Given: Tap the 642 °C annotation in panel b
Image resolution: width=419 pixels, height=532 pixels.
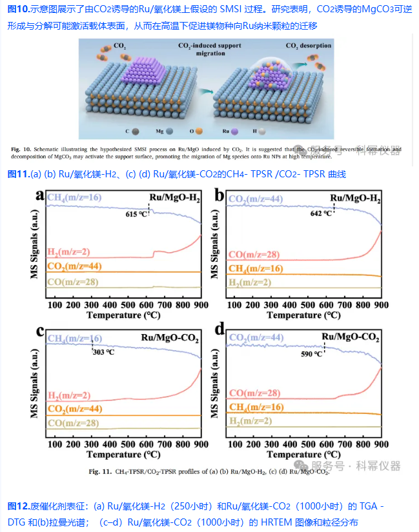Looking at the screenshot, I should coord(321,212).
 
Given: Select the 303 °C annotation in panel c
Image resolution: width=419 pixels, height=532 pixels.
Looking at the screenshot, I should coord(103,352).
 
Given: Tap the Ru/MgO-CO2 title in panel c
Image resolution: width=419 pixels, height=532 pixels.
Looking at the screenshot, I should coord(170,338).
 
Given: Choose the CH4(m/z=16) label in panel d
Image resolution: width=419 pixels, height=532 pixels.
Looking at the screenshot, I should coord(256,407).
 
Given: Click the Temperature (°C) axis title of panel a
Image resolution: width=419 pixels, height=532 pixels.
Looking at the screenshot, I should coord(123,315).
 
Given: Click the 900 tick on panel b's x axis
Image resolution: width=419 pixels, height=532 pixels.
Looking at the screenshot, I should coord(381,304).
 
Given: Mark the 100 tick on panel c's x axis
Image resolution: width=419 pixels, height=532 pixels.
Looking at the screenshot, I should coord(54,444).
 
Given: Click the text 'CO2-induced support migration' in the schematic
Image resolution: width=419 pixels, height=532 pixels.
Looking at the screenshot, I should coord(210,50).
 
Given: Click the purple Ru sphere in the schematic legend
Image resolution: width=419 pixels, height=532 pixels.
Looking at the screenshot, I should coord(234,131).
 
